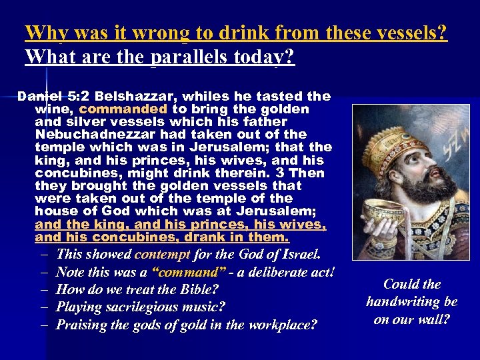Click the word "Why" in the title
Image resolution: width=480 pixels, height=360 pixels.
(43, 32)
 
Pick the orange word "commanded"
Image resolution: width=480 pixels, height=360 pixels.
(123, 109)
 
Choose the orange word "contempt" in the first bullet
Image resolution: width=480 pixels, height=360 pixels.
(162, 255)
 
